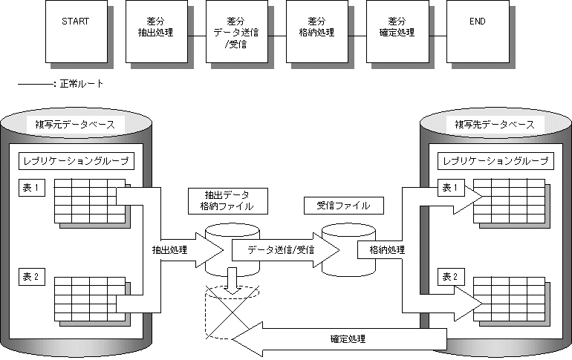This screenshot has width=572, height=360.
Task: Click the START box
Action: click(x=75, y=31)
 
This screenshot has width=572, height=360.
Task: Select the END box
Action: click(x=477, y=31)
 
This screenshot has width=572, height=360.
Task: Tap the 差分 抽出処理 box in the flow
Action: click(x=155, y=31)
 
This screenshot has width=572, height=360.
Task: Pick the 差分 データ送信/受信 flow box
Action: click(x=235, y=31)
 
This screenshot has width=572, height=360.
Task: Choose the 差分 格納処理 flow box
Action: click(x=316, y=31)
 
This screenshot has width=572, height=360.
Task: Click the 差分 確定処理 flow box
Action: click(x=397, y=31)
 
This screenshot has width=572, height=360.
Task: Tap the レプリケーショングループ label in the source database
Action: click(x=76, y=160)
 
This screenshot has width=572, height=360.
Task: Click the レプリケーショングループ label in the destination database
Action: click(x=495, y=160)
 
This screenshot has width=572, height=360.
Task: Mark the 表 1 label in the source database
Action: click(x=33, y=187)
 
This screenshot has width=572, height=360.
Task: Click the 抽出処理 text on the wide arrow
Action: click(x=169, y=250)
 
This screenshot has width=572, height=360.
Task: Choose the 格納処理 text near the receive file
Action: click(x=386, y=250)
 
